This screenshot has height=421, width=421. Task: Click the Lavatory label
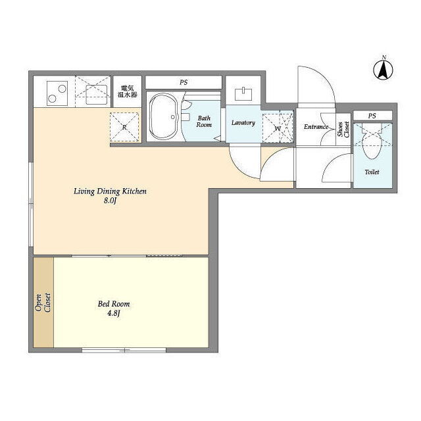[x=243, y=123]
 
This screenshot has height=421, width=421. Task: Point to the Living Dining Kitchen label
[x=110, y=191]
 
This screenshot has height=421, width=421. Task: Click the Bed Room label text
[x=114, y=304]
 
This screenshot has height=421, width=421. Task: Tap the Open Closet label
[x=43, y=303]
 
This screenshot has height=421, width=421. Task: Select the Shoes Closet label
[x=343, y=130]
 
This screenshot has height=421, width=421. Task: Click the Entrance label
[x=316, y=126]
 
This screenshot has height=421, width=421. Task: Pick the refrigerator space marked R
[x=124, y=127]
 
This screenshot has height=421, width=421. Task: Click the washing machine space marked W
[x=278, y=128]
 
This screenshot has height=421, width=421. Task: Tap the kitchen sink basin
[x=97, y=94]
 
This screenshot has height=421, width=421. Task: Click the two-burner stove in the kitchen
[x=57, y=93]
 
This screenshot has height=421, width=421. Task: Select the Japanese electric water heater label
[x=127, y=91]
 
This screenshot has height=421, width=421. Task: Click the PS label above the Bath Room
[x=184, y=82]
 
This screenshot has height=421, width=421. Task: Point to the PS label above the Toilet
[x=372, y=116]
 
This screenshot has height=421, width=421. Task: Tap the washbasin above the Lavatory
[x=243, y=94]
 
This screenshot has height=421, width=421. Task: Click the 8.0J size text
[x=110, y=201]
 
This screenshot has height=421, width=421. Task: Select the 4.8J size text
[x=114, y=313]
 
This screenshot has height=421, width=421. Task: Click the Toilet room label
[x=372, y=172]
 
